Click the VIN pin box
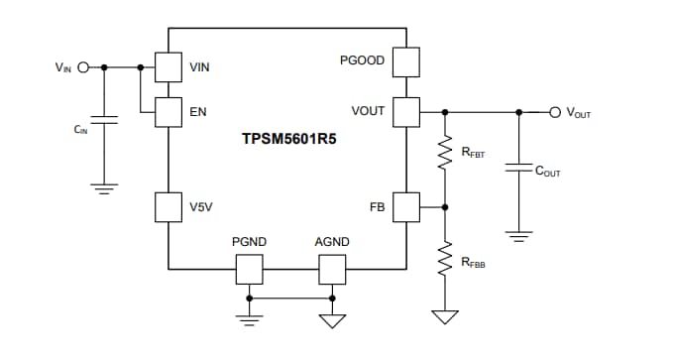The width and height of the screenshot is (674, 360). (168, 67)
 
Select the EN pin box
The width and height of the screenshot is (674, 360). (168, 112)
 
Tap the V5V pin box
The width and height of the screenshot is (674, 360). (168, 207)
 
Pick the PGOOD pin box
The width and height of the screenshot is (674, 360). (406, 62)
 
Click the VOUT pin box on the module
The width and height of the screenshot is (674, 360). (406, 111)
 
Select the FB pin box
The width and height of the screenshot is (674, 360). (406, 207)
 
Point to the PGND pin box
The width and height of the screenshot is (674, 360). (249, 269)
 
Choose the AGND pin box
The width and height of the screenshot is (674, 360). (331, 269)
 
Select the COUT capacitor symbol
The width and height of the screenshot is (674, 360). (515, 170)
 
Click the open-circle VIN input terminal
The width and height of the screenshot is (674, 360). (83, 67)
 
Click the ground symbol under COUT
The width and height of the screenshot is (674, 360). (515, 236)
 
